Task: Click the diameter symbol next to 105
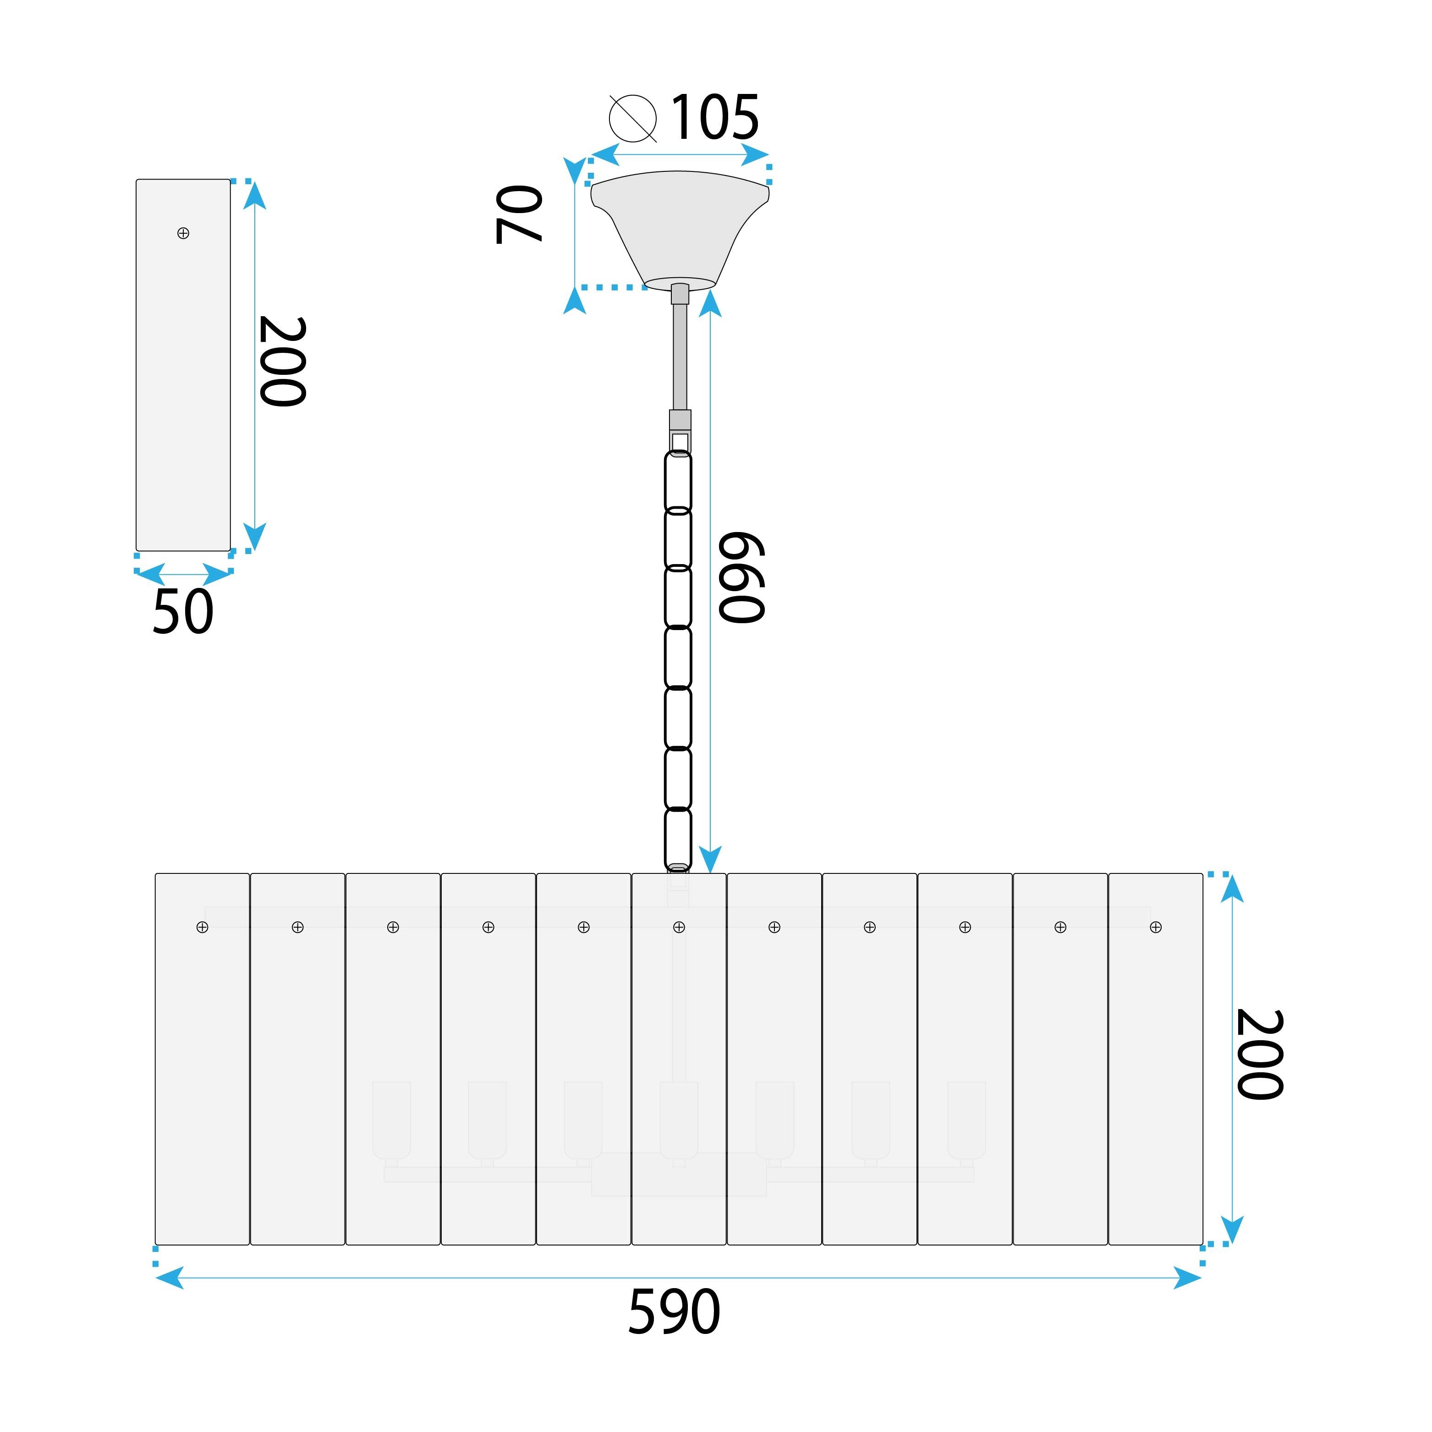click(x=633, y=119)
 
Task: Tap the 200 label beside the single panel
click(x=282, y=362)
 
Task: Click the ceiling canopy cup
click(x=679, y=226)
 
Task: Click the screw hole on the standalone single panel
click(x=184, y=234)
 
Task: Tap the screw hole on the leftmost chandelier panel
click(x=203, y=927)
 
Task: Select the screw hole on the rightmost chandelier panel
click(x=1156, y=927)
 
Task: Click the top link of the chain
click(x=678, y=482)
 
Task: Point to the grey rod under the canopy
click(x=680, y=356)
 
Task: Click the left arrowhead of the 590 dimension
click(x=170, y=1278)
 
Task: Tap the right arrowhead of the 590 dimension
click(x=1187, y=1278)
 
